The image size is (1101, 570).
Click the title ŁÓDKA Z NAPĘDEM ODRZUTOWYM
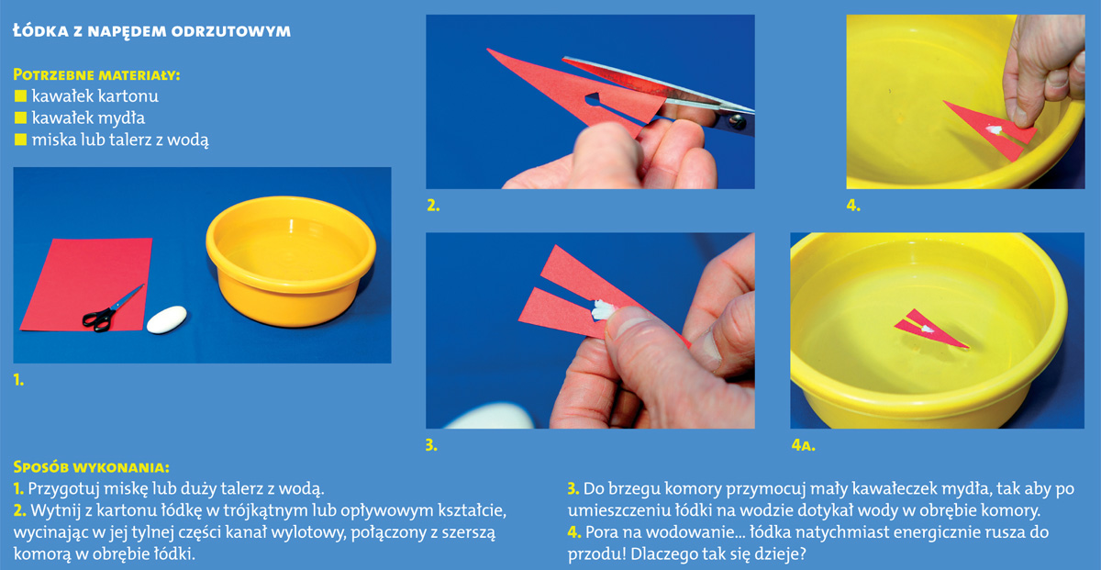152,31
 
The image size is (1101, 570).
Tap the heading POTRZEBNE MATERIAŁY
96,74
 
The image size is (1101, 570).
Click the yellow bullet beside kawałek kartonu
20,95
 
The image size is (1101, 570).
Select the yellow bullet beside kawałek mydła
20,117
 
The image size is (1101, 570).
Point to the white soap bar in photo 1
167,319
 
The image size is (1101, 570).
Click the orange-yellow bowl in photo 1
291,260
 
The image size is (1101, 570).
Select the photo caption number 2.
433,206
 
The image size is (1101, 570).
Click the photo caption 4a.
803,445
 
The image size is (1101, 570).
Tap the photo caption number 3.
431,445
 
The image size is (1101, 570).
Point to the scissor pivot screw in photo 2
737,121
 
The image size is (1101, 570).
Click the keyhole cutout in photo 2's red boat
593,100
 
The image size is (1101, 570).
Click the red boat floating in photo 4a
930,329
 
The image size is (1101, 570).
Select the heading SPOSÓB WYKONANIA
92,466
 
